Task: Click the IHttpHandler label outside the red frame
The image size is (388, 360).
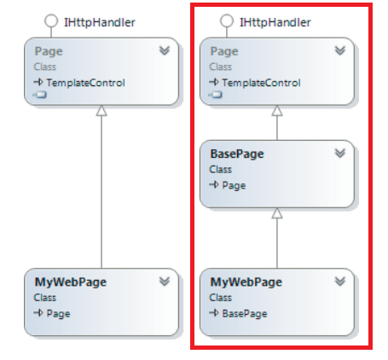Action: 100,22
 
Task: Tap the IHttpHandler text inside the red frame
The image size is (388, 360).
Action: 275,22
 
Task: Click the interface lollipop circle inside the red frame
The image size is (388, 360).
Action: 227,21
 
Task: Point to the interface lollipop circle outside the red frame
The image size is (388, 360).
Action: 51,21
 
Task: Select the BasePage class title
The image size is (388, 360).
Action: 237,154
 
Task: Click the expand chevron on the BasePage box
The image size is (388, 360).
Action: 340,154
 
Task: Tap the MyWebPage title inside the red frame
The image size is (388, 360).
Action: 246,282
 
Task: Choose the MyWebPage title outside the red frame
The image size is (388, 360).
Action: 71,282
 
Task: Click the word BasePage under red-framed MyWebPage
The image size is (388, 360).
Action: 245,314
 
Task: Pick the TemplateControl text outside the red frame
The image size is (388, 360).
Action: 85,83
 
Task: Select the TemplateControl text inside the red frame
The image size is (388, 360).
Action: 261,83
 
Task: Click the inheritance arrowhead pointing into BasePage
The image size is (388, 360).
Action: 277,213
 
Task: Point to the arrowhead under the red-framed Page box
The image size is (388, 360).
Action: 277,111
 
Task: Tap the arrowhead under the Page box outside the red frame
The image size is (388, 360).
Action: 101,111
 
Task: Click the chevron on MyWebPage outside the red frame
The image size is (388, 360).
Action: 165,282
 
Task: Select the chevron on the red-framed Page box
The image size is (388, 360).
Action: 340,50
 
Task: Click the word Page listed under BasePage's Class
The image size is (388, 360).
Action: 234,185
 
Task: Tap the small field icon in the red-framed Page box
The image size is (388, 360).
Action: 216,95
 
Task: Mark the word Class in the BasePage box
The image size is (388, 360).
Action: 221,170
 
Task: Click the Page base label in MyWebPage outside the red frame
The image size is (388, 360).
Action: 58,314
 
